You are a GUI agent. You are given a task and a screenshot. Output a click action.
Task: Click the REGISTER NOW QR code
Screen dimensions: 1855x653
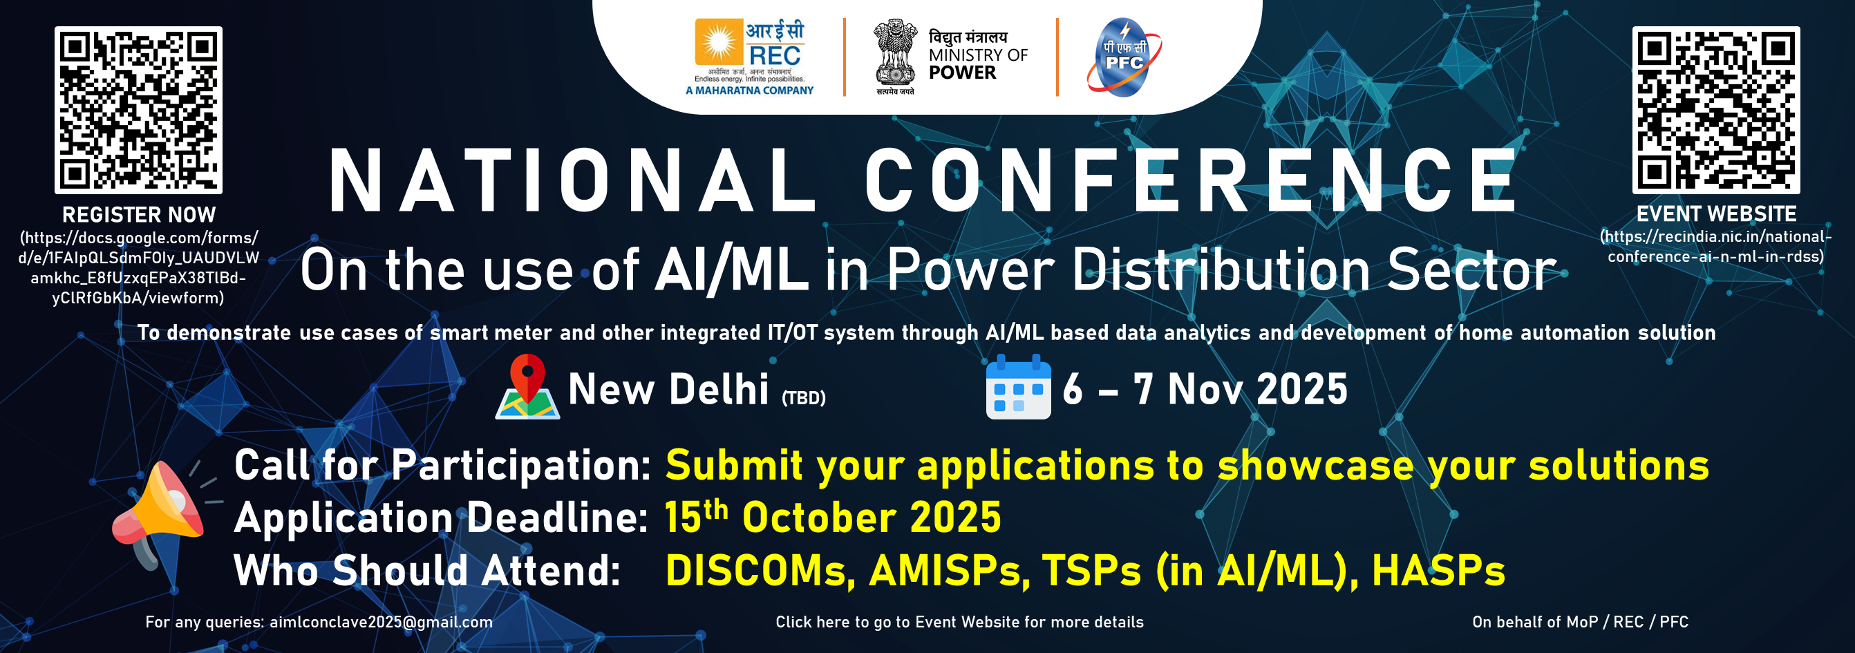(x=138, y=110)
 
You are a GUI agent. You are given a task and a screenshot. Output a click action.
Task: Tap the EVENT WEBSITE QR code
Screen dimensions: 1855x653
(x=1716, y=110)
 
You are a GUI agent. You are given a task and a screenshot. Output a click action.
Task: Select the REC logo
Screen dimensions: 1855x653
(x=750, y=57)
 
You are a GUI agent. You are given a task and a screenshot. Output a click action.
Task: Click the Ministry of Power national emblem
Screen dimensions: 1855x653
(x=895, y=57)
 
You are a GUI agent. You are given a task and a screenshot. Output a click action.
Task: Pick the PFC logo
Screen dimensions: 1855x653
(x=1124, y=57)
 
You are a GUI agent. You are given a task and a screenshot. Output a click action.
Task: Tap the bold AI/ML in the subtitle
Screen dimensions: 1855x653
(x=731, y=269)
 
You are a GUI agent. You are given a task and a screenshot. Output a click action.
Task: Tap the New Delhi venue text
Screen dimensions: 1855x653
(x=668, y=390)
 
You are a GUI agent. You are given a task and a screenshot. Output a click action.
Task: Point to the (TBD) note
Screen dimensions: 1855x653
(x=804, y=397)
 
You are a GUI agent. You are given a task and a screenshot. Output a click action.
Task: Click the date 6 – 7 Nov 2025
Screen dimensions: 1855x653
(x=1205, y=390)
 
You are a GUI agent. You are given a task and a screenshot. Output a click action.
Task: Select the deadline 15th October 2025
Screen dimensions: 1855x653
(x=832, y=517)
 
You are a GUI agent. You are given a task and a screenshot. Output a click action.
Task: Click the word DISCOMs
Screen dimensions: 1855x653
(x=760, y=570)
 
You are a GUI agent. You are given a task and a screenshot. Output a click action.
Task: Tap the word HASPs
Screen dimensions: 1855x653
(x=1438, y=570)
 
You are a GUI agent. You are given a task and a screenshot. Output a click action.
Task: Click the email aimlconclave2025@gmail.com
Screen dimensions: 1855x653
(x=381, y=622)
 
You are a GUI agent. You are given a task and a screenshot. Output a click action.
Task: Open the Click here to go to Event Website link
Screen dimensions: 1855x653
(x=959, y=622)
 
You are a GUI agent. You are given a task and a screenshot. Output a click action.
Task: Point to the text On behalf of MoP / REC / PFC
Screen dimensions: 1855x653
(x=1580, y=622)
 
